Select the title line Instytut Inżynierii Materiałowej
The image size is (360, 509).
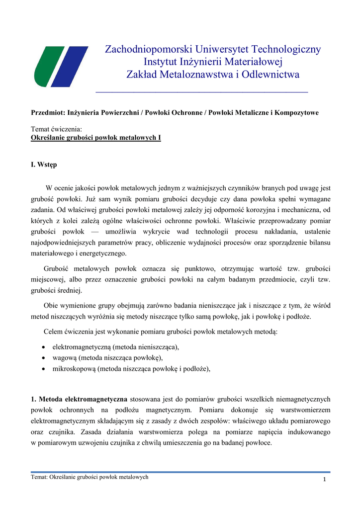pyautogui.click(x=213, y=62)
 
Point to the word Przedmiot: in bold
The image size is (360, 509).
pyautogui.click(x=48, y=113)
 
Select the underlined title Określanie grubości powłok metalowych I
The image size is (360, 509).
pyautogui.click(x=96, y=138)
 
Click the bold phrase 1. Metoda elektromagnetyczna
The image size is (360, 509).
pyautogui.click(x=79, y=399)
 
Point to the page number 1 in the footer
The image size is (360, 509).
pyautogui.click(x=324, y=479)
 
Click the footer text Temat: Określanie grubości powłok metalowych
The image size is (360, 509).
pyautogui.click(x=90, y=477)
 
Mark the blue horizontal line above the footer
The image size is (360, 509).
pyautogui.click(x=180, y=472)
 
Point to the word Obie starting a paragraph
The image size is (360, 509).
pyautogui.click(x=52, y=306)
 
